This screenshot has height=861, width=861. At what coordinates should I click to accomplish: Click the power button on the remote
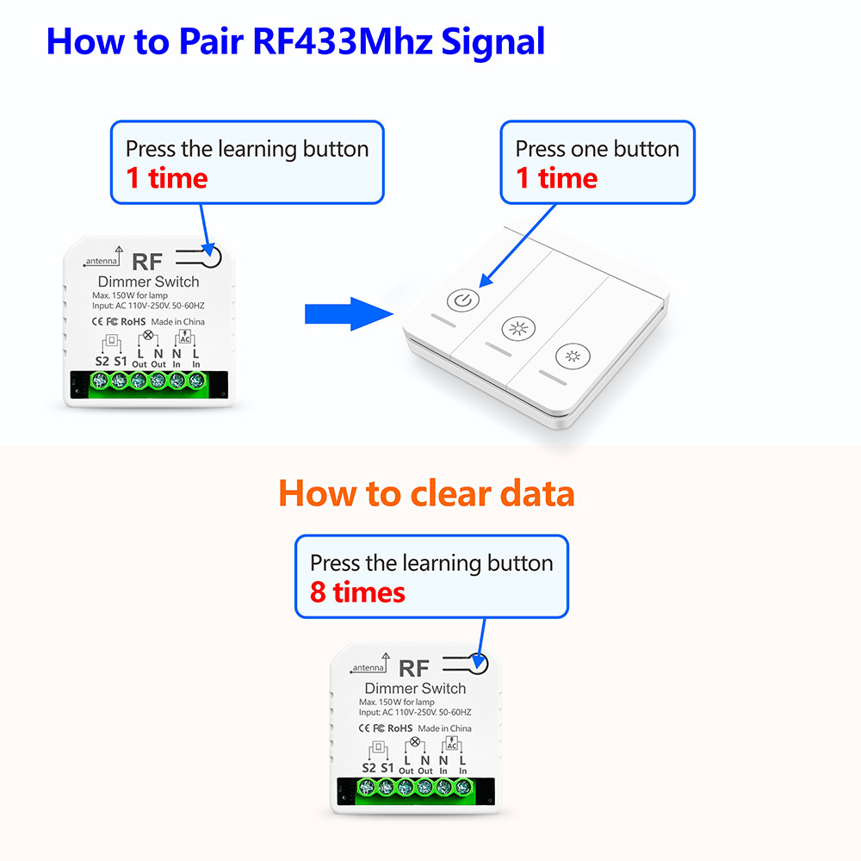click(463, 300)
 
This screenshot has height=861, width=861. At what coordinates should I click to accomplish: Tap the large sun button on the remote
click(518, 328)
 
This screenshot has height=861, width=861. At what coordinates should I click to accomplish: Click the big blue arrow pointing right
click(349, 314)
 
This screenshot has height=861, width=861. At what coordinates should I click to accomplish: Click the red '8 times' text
click(357, 592)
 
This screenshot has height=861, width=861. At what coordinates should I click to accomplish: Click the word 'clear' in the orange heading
click(449, 492)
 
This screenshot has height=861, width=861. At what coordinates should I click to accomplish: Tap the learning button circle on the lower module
click(477, 663)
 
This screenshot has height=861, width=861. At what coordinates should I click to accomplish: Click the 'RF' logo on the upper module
click(147, 262)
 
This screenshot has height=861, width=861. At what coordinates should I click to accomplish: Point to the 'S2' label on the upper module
click(102, 361)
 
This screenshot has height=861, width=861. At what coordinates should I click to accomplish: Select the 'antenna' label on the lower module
click(369, 668)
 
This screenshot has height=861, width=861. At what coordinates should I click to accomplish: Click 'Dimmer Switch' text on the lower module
click(415, 688)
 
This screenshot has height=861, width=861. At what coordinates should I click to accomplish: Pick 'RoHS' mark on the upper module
click(133, 322)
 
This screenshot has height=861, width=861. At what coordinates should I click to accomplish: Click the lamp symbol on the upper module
click(148, 334)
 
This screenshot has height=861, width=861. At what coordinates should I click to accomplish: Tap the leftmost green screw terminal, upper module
click(99, 380)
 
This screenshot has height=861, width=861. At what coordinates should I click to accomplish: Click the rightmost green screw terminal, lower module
click(463, 788)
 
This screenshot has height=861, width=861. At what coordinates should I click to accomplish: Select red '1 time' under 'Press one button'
click(556, 178)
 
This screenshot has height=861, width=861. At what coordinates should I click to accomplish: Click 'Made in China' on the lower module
click(445, 728)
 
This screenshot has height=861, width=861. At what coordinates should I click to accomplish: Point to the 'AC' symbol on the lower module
click(451, 744)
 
